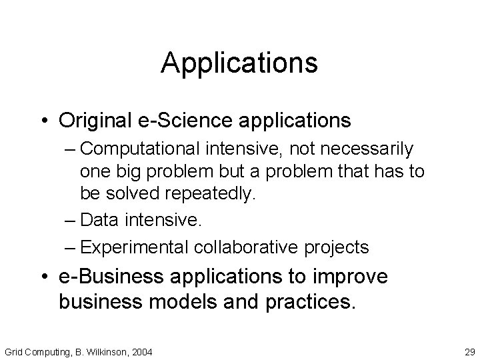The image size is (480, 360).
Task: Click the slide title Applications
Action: pyautogui.click(x=239, y=63)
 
